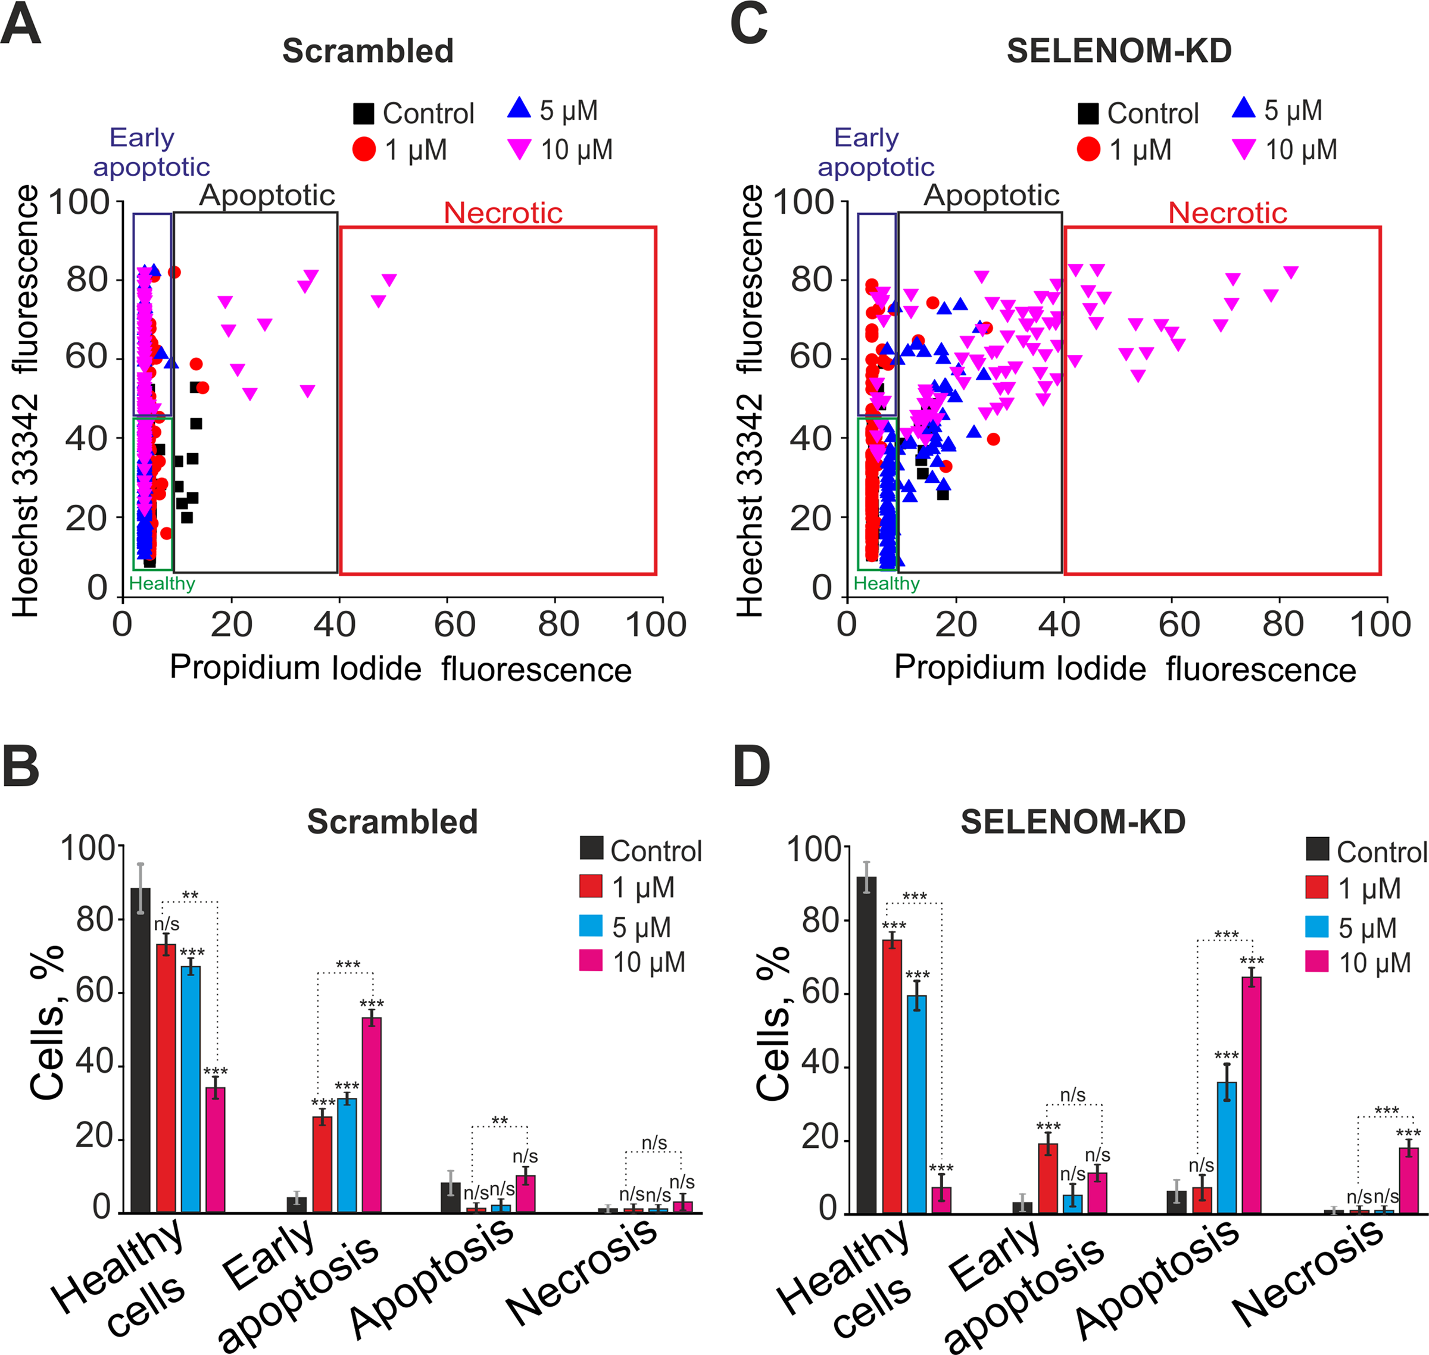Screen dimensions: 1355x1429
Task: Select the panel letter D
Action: [751, 766]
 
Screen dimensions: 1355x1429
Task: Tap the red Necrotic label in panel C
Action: [1227, 213]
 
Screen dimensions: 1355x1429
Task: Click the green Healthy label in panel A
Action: [162, 583]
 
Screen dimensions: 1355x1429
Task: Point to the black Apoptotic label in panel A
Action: [267, 195]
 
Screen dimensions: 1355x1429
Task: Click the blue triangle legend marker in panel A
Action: [519, 108]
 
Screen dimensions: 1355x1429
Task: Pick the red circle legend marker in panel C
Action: [1088, 149]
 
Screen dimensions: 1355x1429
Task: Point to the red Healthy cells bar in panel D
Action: [892, 1076]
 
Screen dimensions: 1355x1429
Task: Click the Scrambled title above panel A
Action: [368, 51]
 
